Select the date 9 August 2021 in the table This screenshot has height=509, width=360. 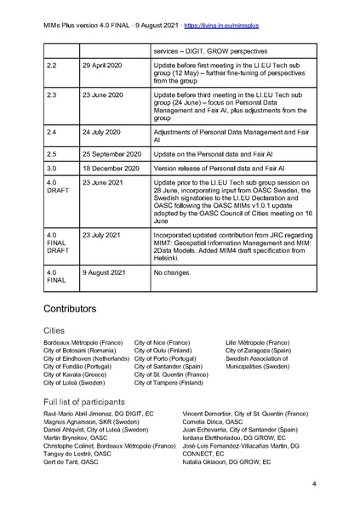click(106, 273)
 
